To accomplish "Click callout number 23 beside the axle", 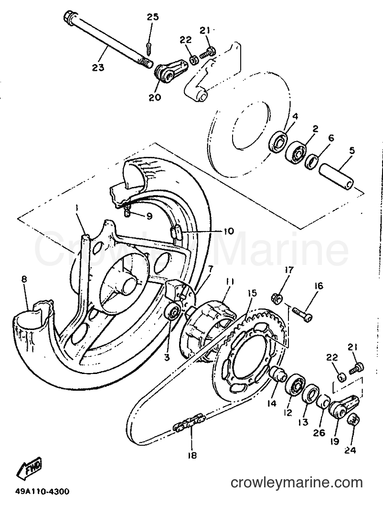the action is (x=98, y=67).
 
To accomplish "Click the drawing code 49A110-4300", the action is (x=42, y=492).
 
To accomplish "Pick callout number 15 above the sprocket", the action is (x=252, y=293).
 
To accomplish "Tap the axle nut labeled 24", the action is (x=354, y=421).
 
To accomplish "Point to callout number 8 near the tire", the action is (x=25, y=279).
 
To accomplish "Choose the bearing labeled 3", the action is (x=174, y=312).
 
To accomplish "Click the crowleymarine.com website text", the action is (x=297, y=483).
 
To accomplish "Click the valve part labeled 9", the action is (x=127, y=213).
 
